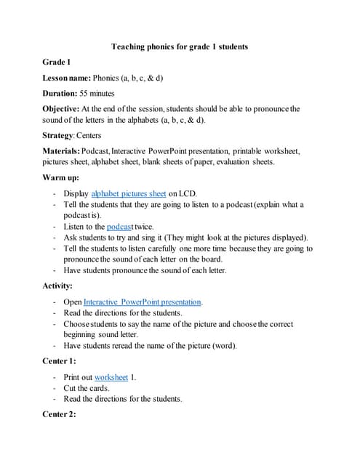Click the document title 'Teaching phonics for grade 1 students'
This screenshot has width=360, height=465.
(180, 46)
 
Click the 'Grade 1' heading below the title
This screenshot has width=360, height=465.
(58, 62)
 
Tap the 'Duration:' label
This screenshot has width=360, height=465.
(60, 94)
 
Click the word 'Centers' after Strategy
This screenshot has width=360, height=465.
(88, 135)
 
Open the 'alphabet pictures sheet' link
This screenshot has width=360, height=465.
(129, 194)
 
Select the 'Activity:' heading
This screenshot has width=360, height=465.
(59, 286)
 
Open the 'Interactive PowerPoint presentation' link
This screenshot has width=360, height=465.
(143, 302)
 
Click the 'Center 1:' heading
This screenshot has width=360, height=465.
(60, 361)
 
